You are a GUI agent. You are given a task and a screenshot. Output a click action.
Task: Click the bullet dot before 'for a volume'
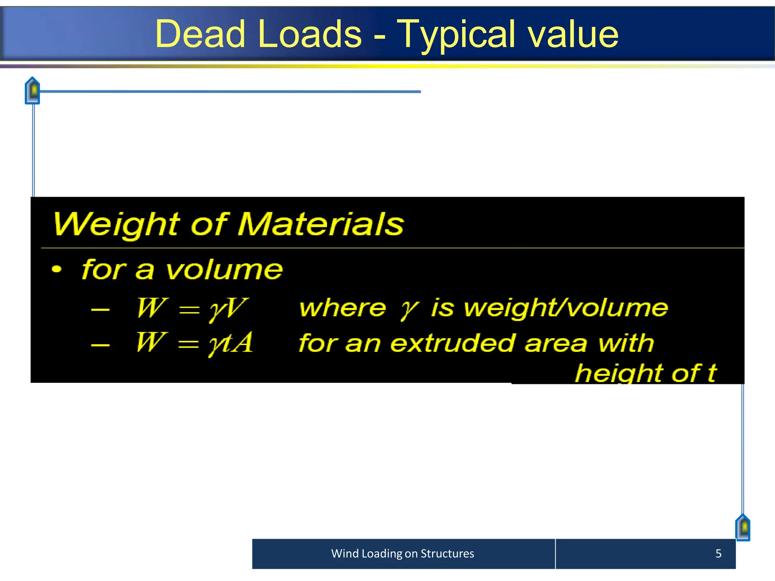56,269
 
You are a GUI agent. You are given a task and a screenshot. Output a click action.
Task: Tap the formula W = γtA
194,343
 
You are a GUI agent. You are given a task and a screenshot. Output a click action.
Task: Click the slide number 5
718,553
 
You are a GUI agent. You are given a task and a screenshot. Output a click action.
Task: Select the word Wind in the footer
345,553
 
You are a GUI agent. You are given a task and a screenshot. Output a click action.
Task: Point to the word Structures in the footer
447,553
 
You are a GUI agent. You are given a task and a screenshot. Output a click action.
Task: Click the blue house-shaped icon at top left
33,90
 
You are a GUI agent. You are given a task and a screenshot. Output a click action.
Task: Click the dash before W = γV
100,309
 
